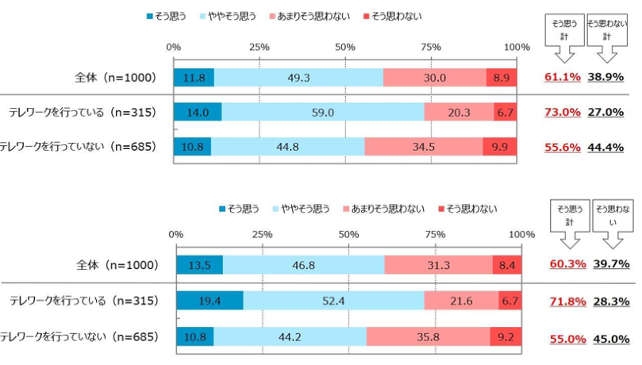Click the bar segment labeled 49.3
(298, 78)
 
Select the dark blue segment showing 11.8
(194, 78)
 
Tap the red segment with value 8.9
(502, 78)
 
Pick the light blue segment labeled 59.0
(322, 113)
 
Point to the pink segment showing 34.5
(423, 147)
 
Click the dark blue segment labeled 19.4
(210, 302)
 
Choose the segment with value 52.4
(333, 302)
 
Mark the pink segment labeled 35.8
(429, 336)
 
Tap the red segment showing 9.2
(505, 336)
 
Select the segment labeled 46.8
(303, 264)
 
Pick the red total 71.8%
(567, 302)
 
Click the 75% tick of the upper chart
(431, 47)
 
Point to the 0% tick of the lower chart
(176, 234)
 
